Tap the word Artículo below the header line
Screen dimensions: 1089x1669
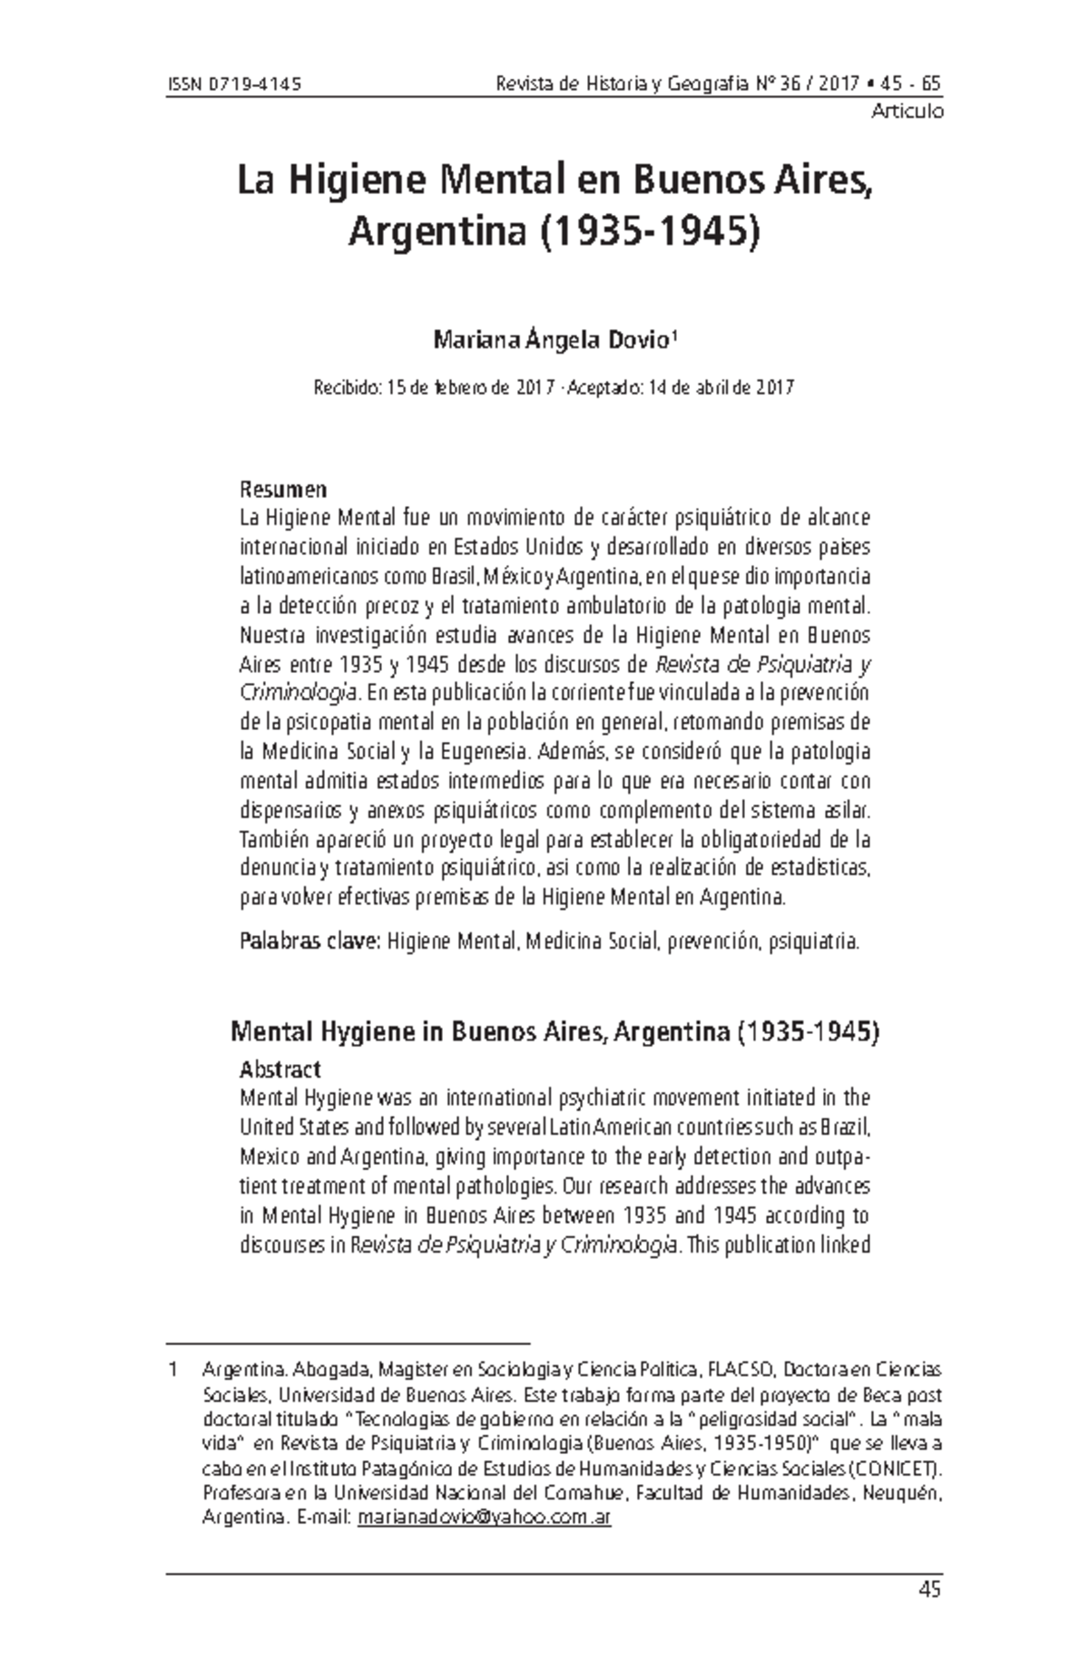(x=907, y=112)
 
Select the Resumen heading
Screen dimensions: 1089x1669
(x=282, y=490)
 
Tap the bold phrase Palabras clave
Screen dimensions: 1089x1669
(x=309, y=942)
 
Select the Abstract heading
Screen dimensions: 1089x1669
(x=280, y=1069)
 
